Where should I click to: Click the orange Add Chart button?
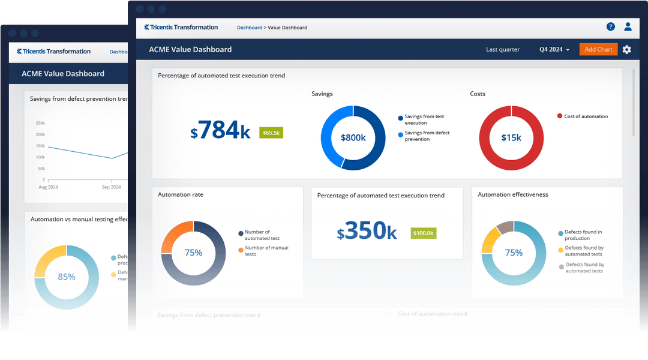coord(598,49)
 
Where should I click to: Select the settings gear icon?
coord(626,49)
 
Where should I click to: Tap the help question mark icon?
coord(610,26)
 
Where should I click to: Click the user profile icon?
coord(628,26)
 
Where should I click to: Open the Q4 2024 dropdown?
coord(554,49)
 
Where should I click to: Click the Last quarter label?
coord(503,49)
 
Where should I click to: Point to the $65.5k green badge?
coord(271,133)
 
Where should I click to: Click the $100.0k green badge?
coord(423,233)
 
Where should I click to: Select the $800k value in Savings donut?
coord(353,137)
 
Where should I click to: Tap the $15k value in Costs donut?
coord(511,137)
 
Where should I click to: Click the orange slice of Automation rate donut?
coord(173,237)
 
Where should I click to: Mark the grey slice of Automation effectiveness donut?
coord(505,227)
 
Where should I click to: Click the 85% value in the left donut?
coord(66,277)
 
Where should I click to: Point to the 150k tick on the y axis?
coord(40,146)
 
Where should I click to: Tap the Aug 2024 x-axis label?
coord(48,187)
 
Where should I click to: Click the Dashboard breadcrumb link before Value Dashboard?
coord(249,28)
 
